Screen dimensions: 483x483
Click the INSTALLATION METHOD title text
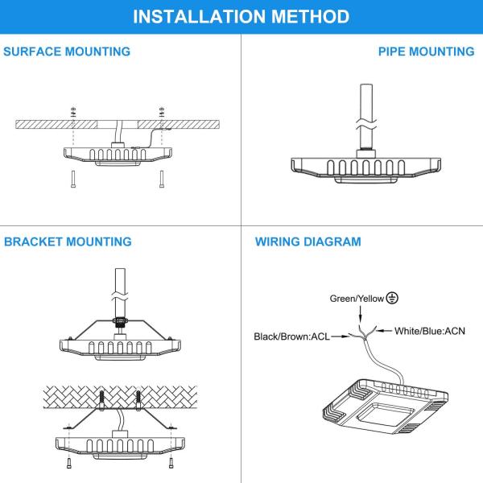pos(241,16)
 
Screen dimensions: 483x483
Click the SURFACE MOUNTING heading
pos(67,52)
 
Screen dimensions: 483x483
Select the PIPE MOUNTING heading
pos(426,52)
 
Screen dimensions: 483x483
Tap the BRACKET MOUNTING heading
pos(68,242)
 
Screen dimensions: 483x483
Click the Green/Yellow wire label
pos(357,299)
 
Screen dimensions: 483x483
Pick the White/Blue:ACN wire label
pos(430,330)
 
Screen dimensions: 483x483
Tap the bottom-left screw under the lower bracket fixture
pos(66,463)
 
